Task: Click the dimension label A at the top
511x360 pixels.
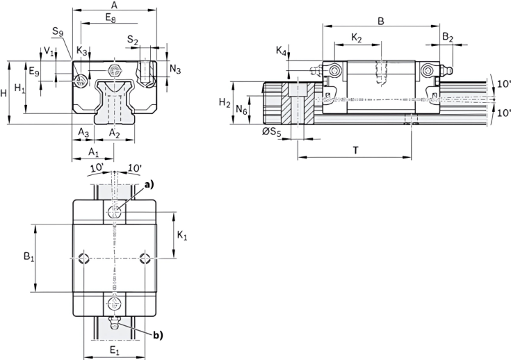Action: click(114, 6)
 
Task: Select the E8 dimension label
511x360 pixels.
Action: click(112, 17)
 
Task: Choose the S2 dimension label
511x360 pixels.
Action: click(133, 41)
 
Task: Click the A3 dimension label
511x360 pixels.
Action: click(83, 133)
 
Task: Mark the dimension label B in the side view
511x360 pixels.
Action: click(380, 21)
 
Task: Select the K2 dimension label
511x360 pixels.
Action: click(357, 37)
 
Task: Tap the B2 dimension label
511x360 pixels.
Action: click(448, 38)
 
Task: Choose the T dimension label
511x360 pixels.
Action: click(355, 149)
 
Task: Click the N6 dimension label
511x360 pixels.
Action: click(241, 109)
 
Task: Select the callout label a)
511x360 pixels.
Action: click(150, 185)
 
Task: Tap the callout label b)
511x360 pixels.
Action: click(157, 335)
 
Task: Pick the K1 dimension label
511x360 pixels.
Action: click(182, 236)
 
